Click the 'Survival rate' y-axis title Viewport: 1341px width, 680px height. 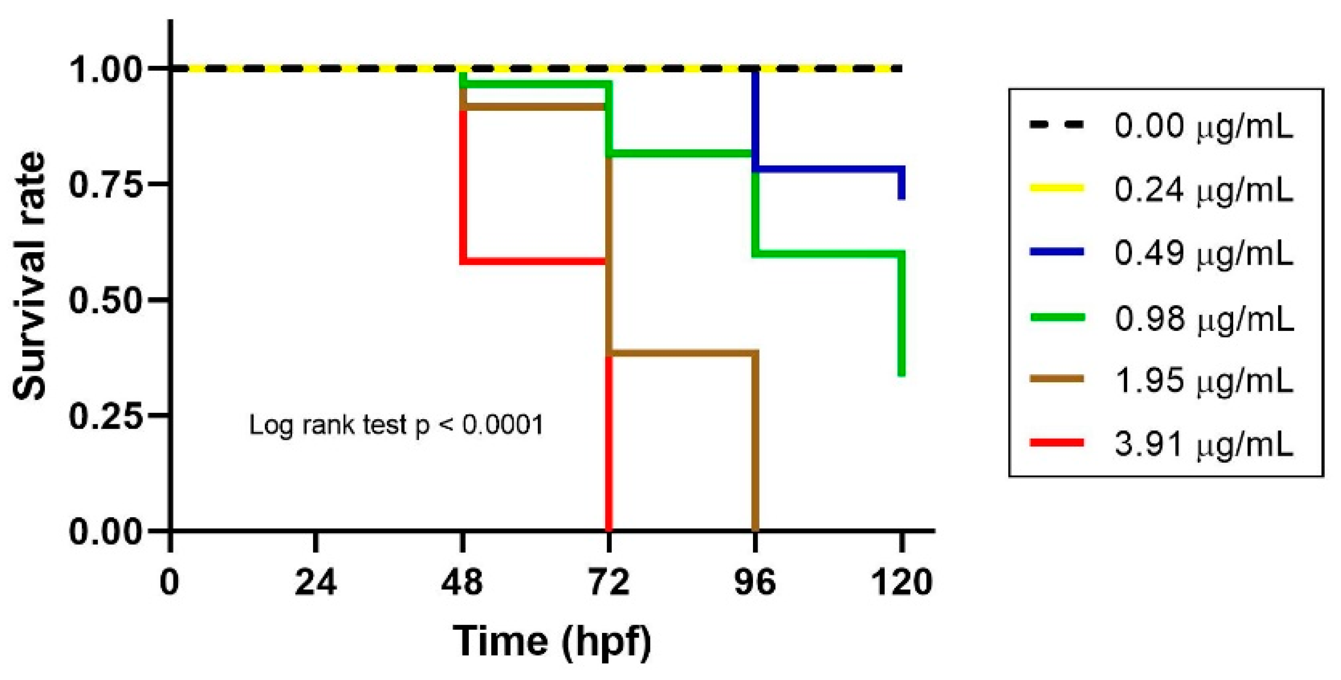[30, 276]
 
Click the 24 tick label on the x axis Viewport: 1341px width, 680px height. [316, 582]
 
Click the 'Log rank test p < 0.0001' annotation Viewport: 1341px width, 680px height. [396, 425]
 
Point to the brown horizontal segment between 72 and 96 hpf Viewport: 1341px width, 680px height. [682, 353]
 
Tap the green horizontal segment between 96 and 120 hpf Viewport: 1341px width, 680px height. [828, 253]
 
